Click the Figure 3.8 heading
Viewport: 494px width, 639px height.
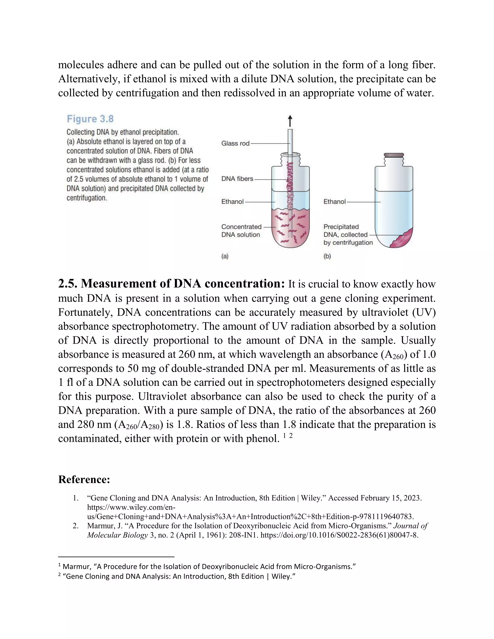[90, 119]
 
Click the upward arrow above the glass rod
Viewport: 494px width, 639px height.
[290, 121]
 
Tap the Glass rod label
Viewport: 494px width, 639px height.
[235, 143]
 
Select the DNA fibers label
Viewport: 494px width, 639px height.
[237, 179]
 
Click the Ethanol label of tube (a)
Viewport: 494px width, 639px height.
[232, 202]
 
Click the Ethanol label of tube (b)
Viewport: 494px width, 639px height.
[335, 202]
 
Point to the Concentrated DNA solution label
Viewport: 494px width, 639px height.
[241, 231]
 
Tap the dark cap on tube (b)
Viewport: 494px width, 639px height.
[394, 155]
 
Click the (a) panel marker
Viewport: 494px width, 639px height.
[225, 256]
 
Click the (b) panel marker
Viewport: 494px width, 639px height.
[327, 256]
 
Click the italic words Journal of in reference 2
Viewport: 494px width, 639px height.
[411, 526]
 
